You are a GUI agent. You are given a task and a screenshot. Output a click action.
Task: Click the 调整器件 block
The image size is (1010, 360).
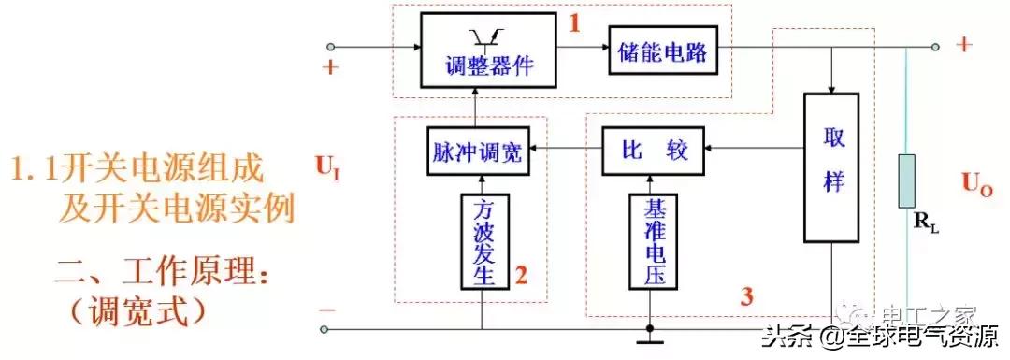[x=480, y=51]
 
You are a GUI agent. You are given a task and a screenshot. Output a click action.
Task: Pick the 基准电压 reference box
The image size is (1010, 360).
[x=653, y=241]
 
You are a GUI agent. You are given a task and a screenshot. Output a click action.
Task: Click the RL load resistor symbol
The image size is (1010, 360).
[x=907, y=183]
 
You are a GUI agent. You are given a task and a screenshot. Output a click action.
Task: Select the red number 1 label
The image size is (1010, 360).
[x=575, y=24]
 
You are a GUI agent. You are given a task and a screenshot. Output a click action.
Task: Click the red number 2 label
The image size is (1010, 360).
[x=521, y=276]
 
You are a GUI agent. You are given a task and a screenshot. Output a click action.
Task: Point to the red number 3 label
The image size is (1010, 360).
[x=745, y=298]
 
